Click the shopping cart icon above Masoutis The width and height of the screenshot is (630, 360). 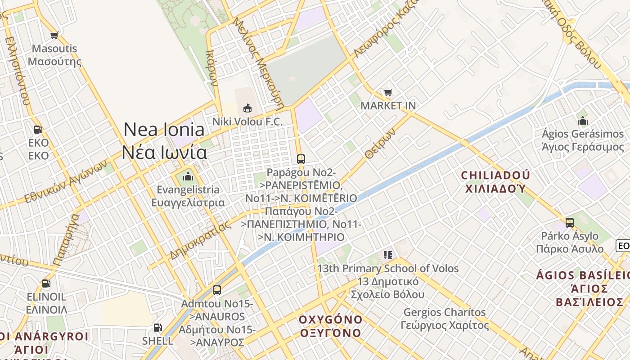point(54,35)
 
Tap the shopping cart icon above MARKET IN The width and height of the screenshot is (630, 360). point(388,93)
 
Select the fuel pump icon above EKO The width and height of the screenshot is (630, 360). point(38,130)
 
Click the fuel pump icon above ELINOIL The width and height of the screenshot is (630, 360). point(46,283)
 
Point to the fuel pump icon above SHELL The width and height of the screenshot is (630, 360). point(157,328)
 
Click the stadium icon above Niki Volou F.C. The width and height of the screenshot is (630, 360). point(247,108)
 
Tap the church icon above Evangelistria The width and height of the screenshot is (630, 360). point(188,176)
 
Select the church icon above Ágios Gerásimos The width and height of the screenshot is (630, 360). point(583,121)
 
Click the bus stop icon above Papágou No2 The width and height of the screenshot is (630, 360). point(301,159)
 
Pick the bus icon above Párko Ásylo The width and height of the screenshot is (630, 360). point(570,222)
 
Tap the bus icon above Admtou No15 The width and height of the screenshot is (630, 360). point(217,290)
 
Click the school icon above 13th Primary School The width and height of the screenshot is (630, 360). point(388,255)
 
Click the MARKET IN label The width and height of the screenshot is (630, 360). point(388,106)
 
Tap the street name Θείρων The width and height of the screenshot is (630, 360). point(380,144)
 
